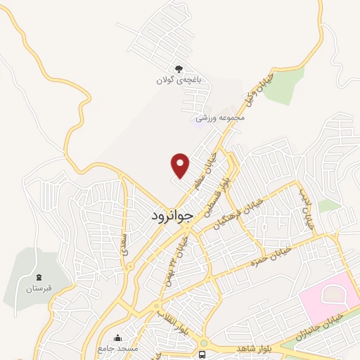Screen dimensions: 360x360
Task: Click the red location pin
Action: click(181, 165)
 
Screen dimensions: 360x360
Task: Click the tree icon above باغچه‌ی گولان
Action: click(178, 69)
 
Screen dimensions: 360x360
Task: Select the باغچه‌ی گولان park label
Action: click(179, 81)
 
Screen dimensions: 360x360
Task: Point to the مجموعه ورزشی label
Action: click(219, 117)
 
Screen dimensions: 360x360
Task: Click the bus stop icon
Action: click(202, 353)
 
